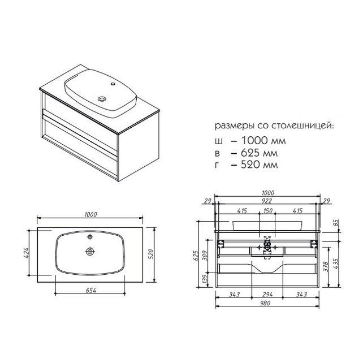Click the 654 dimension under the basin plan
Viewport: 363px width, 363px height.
point(90,290)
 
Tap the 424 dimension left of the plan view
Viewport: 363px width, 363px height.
point(26,253)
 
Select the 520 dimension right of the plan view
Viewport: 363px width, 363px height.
point(150,254)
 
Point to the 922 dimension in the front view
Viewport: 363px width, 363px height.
point(267,201)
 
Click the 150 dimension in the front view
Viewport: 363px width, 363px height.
point(268,211)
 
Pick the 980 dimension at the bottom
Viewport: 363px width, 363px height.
point(265,303)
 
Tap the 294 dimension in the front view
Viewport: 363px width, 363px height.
point(267,295)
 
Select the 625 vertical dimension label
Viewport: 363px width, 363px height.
point(196,256)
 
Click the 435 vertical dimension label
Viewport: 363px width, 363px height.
point(336,263)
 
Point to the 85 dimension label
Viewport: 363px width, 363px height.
point(336,223)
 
